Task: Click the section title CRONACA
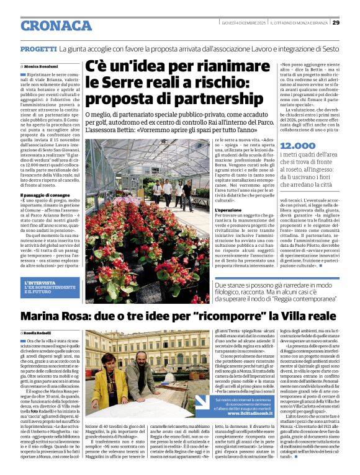[56, 25]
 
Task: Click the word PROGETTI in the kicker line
[38, 48]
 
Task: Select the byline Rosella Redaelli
[42, 334]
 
